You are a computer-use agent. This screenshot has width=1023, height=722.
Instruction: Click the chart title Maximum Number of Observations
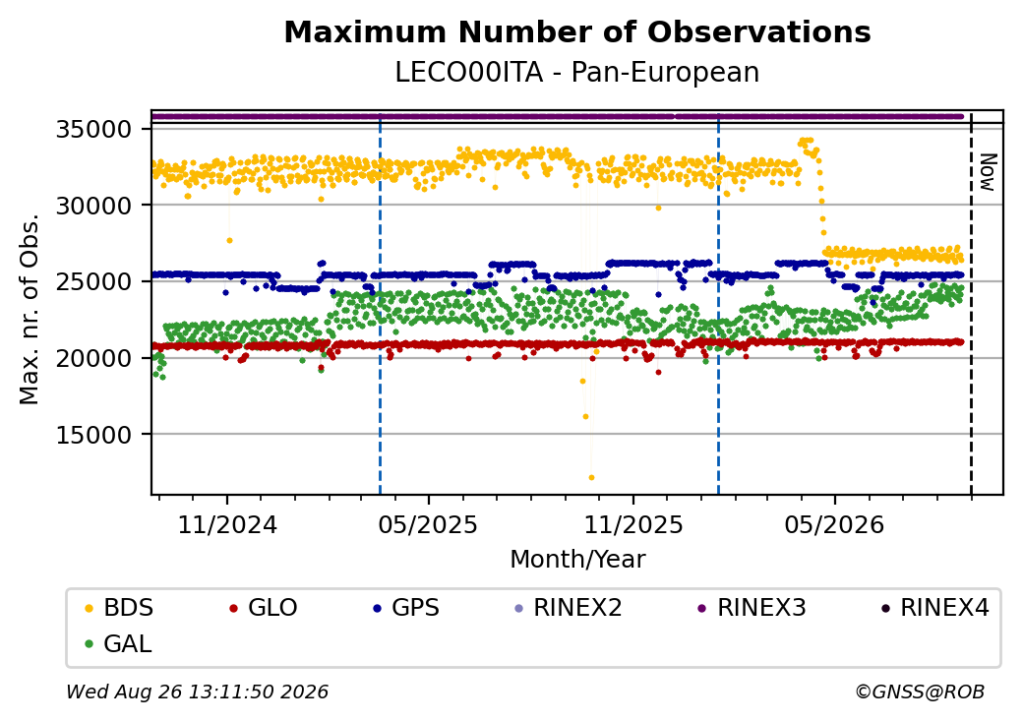click(x=577, y=31)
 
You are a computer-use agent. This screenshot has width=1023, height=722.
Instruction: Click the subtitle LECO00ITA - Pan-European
click(x=577, y=73)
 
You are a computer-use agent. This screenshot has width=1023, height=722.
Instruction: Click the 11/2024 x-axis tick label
click(x=227, y=524)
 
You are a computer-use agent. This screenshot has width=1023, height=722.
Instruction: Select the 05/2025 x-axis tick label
click(x=428, y=524)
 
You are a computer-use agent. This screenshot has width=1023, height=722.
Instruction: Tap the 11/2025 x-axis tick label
click(x=632, y=524)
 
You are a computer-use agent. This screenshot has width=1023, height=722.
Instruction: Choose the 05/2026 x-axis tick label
click(x=834, y=524)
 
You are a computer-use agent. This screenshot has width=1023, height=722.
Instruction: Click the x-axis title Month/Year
click(x=577, y=560)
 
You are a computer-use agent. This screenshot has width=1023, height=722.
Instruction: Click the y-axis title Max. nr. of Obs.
click(x=30, y=309)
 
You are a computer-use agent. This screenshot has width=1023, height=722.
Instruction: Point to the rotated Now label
click(x=989, y=172)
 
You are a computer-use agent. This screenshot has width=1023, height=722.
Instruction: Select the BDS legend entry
click(x=119, y=608)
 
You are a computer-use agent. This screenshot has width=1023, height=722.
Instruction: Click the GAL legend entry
click(x=119, y=643)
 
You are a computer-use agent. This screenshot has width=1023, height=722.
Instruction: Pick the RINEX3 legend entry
click(x=752, y=608)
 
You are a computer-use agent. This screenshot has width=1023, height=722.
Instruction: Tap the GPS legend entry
click(x=406, y=608)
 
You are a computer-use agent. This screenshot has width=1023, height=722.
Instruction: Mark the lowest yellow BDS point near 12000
click(x=592, y=477)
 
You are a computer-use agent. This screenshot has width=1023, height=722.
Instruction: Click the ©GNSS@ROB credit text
click(x=920, y=692)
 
